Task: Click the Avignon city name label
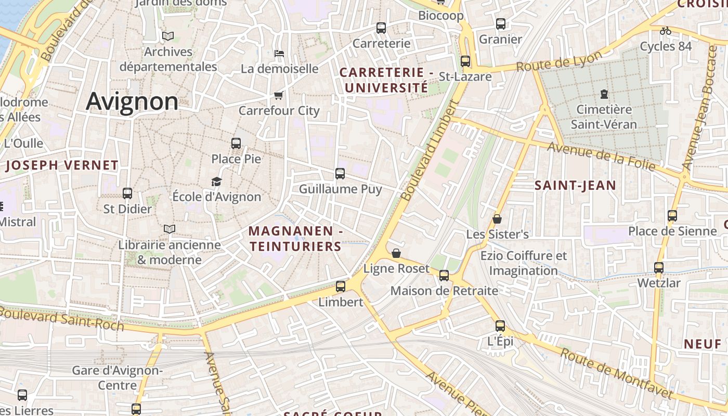pyautogui.click(x=132, y=101)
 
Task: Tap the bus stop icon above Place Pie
pyautogui.click(x=236, y=144)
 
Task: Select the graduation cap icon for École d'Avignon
pyautogui.click(x=216, y=181)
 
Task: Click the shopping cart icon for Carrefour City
pyautogui.click(x=278, y=96)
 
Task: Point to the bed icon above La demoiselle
pyautogui.click(x=279, y=53)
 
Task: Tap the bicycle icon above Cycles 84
pyautogui.click(x=665, y=31)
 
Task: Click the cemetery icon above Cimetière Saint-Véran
pyautogui.click(x=604, y=94)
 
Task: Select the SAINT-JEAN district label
pyautogui.click(x=575, y=185)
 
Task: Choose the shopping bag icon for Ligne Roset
pyautogui.click(x=396, y=253)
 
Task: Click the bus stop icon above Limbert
pyautogui.click(x=341, y=286)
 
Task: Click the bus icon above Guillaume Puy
pyautogui.click(x=340, y=174)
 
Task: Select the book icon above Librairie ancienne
pyautogui.click(x=170, y=229)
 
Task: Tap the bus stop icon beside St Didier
pyautogui.click(x=127, y=193)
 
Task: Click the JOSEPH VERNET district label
pyautogui.click(x=62, y=166)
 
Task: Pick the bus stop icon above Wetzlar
pyautogui.click(x=659, y=268)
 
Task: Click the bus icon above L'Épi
pyautogui.click(x=500, y=326)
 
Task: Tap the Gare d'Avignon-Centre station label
pyautogui.click(x=117, y=378)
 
